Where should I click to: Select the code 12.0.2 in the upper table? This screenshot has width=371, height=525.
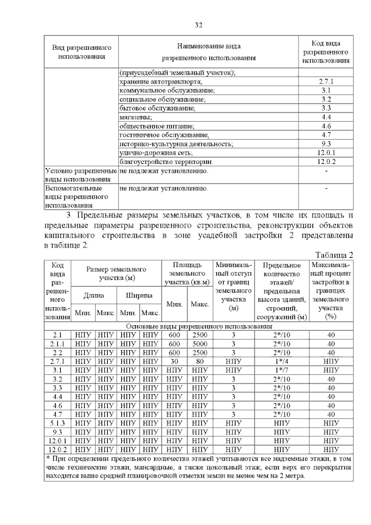326,162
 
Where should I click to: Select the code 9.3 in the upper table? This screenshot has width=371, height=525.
326,144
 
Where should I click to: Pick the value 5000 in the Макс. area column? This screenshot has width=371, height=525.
199,344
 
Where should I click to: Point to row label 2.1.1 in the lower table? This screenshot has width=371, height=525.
57,344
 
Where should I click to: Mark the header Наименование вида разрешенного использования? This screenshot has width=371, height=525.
208,52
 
